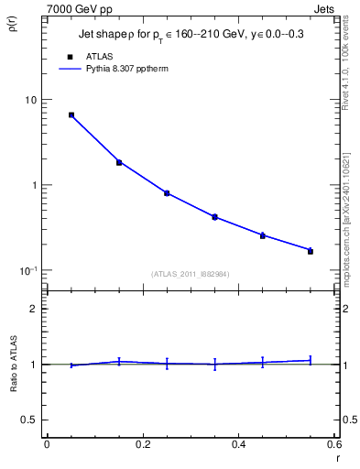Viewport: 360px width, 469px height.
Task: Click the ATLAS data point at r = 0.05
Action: pyautogui.click(x=71, y=115)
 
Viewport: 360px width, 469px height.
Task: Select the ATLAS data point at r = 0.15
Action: pyautogui.click(x=119, y=162)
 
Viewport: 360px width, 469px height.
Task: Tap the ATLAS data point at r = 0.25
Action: pyautogui.click(x=167, y=193)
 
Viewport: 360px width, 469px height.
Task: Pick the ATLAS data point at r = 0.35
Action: pyautogui.click(x=214, y=217)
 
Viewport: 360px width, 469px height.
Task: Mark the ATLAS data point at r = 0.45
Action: pyautogui.click(x=263, y=235)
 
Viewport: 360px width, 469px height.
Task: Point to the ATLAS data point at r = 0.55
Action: pyautogui.click(x=311, y=251)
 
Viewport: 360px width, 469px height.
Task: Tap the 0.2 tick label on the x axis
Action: pyautogui.click(x=142, y=444)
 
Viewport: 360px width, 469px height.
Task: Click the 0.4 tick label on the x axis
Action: pyautogui.click(x=238, y=444)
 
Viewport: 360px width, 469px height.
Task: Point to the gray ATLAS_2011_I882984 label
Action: pyautogui.click(x=191, y=274)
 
